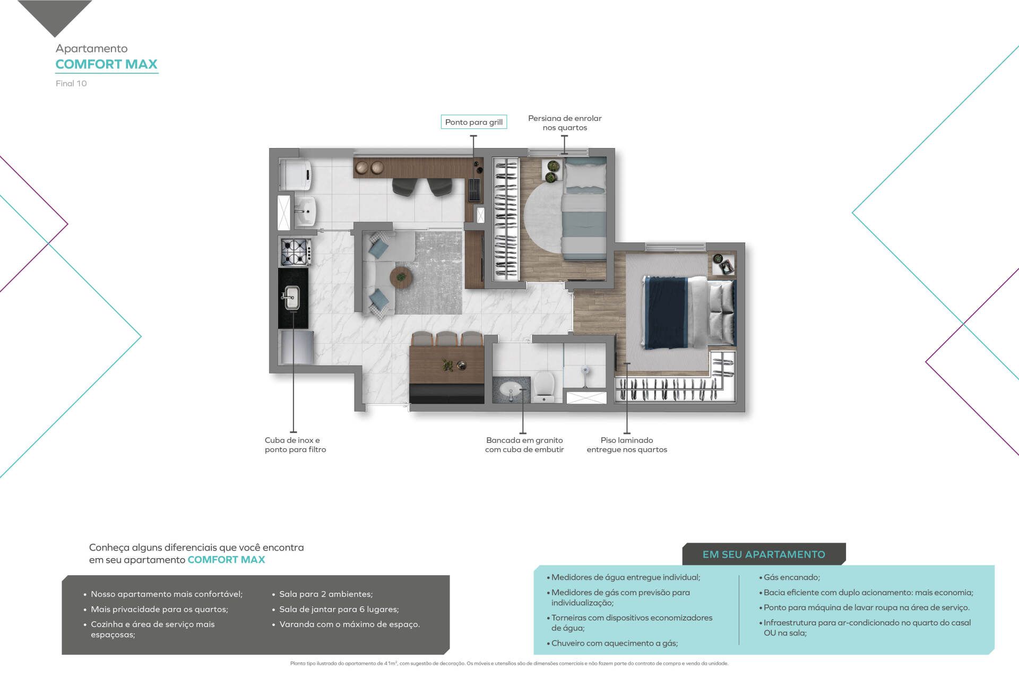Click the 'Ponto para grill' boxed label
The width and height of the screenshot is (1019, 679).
tap(474, 122)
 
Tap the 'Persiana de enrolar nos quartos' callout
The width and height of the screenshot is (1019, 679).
tap(565, 123)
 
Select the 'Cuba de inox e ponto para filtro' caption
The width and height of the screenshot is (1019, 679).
tap(295, 445)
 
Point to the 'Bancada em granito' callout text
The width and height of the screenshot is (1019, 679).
tap(524, 440)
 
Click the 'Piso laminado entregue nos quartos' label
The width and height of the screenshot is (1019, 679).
tap(627, 445)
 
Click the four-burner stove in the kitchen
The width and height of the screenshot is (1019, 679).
tap(295, 252)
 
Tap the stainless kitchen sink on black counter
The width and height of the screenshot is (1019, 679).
tap(291, 298)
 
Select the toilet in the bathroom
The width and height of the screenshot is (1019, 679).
tap(544, 386)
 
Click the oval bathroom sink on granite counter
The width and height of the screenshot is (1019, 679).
tap(511, 389)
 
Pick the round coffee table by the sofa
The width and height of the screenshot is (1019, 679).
tap(401, 277)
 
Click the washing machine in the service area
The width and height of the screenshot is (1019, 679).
tap(295, 174)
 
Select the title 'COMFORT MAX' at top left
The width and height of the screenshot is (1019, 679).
tap(107, 64)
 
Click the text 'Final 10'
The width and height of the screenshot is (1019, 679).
tap(71, 83)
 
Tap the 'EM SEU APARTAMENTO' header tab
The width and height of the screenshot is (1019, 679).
tap(764, 554)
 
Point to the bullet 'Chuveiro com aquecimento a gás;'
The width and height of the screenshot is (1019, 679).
tap(612, 643)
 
